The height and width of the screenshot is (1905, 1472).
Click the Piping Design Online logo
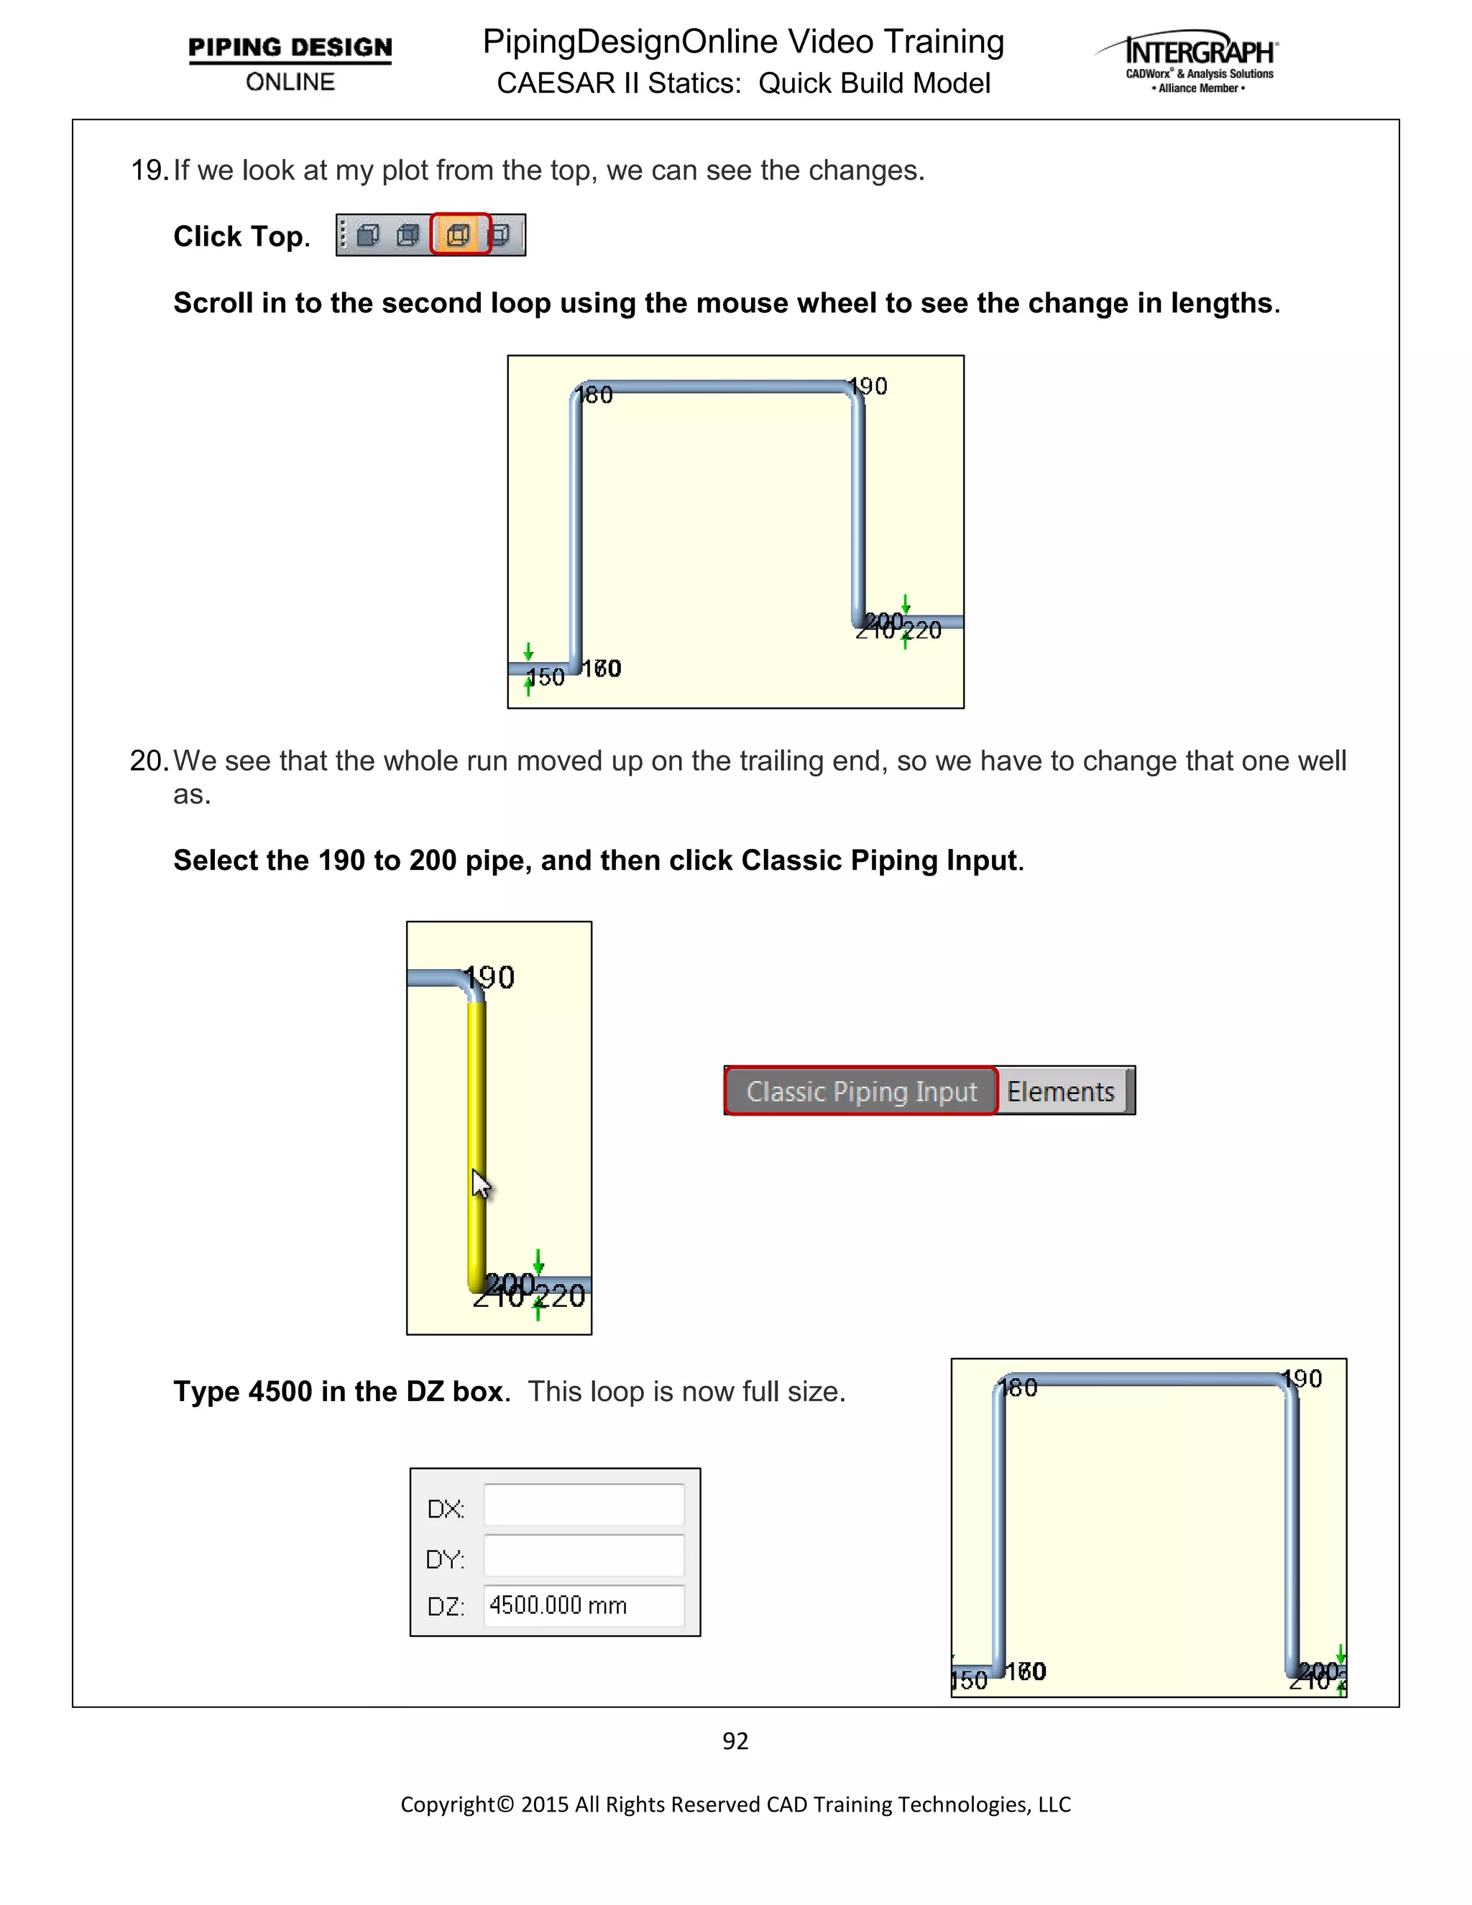tap(290, 63)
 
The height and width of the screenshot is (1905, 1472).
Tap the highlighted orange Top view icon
tap(459, 234)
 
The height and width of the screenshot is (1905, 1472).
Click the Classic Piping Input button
tap(860, 1091)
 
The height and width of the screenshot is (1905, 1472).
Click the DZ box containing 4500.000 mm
tap(584, 1605)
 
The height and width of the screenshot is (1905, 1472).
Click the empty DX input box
tap(584, 1506)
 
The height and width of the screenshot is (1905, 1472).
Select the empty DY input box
tap(584, 1556)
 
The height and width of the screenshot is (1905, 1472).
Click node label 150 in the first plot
tap(546, 678)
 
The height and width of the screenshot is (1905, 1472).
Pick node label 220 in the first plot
tap(924, 630)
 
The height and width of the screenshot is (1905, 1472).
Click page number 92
tap(735, 1741)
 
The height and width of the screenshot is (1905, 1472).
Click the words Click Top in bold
tap(241, 237)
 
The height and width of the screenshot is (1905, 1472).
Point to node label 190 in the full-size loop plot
tap(1304, 1379)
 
